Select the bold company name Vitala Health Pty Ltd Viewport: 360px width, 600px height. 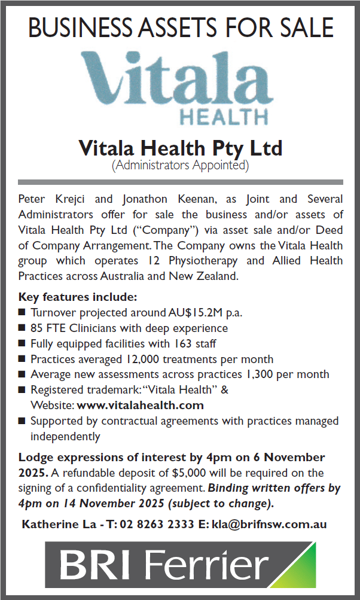180,147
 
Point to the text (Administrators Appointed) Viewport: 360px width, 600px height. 180,164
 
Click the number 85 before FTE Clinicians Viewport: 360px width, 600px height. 37,328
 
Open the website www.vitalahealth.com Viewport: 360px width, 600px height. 140,405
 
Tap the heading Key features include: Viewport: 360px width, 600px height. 78,297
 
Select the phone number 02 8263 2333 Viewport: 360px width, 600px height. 156,524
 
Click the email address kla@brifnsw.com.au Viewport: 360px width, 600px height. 269,524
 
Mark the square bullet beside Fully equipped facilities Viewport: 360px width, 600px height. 22,344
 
